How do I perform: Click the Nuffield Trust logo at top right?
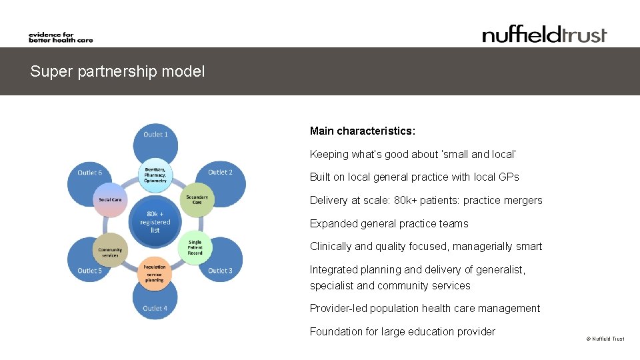(544, 35)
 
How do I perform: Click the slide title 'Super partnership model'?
(117, 71)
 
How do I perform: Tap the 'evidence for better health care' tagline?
(61, 37)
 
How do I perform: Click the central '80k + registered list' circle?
(155, 221)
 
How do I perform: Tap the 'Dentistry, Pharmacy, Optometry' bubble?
(155, 175)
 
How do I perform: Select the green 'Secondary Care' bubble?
(197, 199)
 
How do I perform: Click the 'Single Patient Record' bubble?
(195, 247)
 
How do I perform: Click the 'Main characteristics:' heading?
(362, 131)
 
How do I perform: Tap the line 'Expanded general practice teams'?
(389, 223)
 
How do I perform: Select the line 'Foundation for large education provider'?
(402, 331)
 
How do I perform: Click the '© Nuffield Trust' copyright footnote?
(605, 339)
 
